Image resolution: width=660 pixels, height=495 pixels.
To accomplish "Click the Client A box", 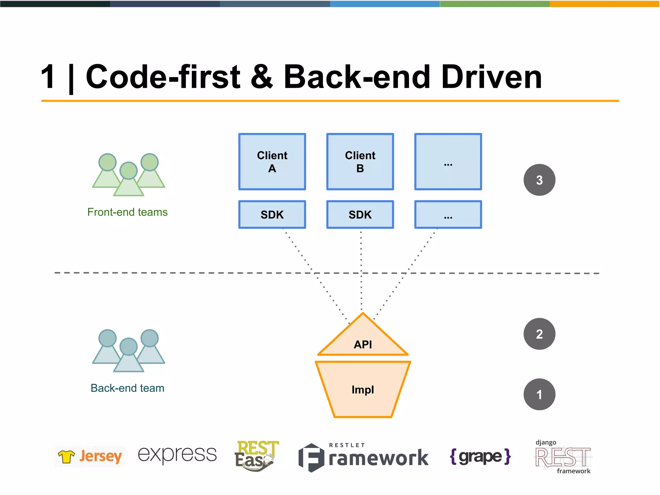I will (272, 161).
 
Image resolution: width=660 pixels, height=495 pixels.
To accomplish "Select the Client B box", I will (360, 161).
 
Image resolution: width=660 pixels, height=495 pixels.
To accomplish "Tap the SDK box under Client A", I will (272, 215).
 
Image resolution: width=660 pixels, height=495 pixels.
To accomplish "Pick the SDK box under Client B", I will (360, 215).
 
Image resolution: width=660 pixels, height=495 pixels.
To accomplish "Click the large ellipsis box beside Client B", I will (448, 161).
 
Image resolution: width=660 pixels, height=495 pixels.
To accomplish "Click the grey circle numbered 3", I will (539, 180).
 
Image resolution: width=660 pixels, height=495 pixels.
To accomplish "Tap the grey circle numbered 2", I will (539, 334).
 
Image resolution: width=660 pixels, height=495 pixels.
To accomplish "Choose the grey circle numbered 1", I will (539, 394).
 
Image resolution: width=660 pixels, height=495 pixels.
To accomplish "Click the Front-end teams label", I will (127, 212).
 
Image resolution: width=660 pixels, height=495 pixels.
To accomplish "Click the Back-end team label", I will (127, 388).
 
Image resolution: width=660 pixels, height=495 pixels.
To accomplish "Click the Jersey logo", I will (90, 456).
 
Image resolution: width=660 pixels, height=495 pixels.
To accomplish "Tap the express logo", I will (177, 454).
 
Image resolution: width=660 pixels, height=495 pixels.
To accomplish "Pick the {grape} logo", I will (480, 456).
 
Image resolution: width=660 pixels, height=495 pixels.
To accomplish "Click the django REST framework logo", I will (563, 457).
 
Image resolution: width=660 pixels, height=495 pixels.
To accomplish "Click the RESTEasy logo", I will (256, 456).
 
